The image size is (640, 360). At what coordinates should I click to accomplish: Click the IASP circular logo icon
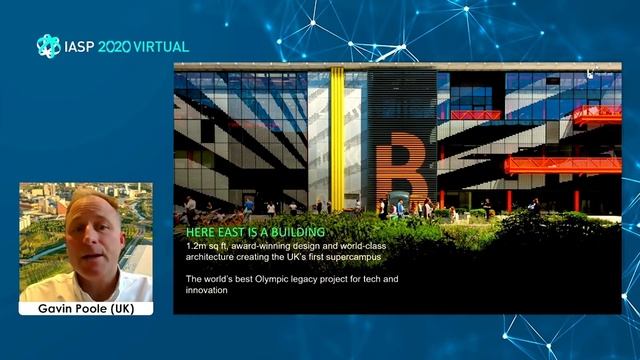48,46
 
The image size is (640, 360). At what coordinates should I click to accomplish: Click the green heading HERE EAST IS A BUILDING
249,233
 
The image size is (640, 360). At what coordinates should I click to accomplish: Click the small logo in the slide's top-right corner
591,72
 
